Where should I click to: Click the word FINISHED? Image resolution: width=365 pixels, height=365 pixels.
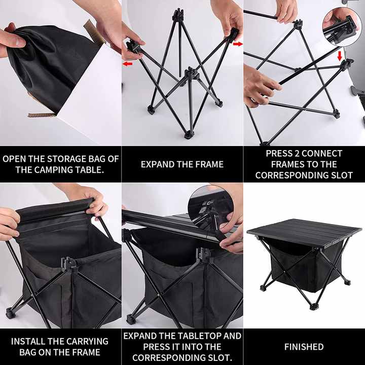[x=304, y=347]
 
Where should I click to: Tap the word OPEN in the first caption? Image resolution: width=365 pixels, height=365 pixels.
[x=14, y=158]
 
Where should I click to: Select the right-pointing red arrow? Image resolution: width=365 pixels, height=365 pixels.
[x=237, y=44]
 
